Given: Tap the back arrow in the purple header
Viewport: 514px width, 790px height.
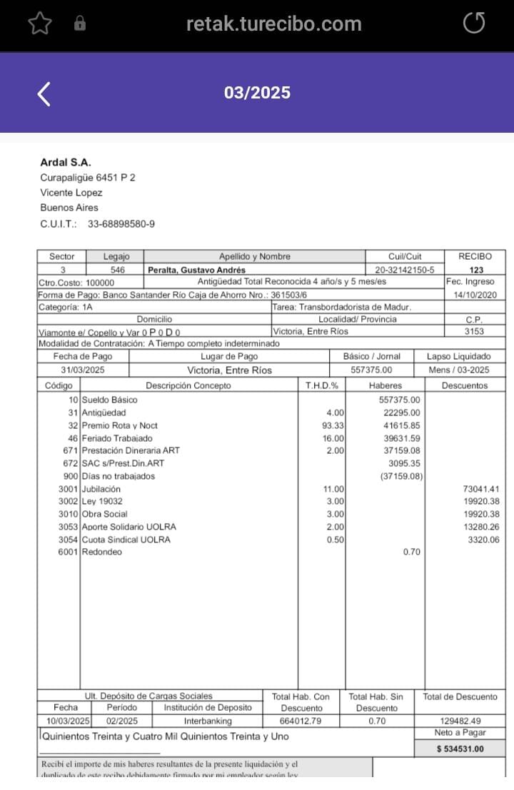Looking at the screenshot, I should point(44,93).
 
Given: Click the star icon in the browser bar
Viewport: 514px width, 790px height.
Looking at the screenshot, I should point(40,24).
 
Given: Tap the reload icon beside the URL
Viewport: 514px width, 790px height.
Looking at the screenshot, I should point(474,24).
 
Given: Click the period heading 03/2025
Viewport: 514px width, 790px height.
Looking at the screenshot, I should point(257,93).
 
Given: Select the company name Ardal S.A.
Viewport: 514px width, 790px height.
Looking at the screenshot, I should point(66,163).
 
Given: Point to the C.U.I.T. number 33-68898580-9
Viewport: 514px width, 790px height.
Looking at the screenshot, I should point(121,224).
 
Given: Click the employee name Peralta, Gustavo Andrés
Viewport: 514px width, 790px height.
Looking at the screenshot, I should point(196,270).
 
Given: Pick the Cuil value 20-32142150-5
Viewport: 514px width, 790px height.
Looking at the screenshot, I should point(404,270).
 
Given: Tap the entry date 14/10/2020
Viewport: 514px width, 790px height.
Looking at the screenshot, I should point(475,295).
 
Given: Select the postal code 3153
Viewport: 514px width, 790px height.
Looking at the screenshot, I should point(474,331).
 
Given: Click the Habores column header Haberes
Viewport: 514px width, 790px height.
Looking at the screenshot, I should point(385,385).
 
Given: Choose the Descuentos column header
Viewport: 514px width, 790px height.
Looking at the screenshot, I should point(465,385).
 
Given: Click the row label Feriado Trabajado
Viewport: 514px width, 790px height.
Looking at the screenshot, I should point(117,438).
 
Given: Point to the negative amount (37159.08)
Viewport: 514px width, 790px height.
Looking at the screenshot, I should point(400,476).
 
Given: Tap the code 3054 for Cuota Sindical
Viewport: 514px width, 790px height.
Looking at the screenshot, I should point(69,540).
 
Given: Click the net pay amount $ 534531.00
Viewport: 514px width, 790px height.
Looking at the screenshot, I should point(460,749).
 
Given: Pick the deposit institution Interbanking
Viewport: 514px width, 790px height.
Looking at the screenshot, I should point(208,721).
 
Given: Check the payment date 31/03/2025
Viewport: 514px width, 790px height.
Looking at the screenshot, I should point(83,370).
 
